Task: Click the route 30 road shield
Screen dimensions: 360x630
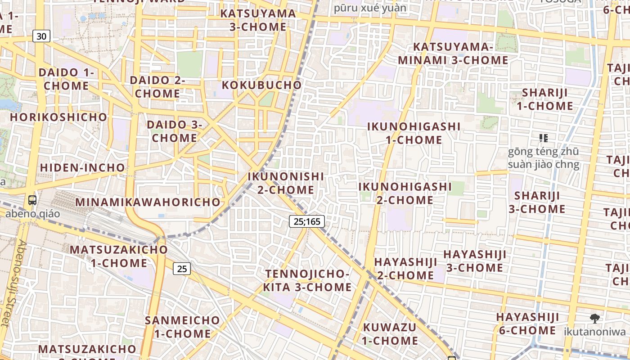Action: coord(41,36)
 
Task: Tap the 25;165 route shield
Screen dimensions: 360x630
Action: coord(306,221)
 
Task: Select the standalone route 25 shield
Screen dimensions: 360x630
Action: coord(182,269)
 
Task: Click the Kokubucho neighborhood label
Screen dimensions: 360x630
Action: coord(261,85)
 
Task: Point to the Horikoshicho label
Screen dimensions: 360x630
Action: coord(59,117)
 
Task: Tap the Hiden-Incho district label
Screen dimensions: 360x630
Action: coord(82,167)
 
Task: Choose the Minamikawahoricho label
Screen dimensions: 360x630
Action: coord(148,202)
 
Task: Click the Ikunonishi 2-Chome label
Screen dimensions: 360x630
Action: coord(286,183)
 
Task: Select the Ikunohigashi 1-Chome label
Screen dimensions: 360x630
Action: coord(414,133)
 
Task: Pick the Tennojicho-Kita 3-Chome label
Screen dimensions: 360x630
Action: coord(307,280)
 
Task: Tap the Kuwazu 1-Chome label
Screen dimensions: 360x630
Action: coord(390,333)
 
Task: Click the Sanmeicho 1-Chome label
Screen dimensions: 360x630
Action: coord(182,327)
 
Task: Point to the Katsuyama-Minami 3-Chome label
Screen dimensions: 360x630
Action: coord(453,54)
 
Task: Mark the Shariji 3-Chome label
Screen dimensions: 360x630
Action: coord(537,202)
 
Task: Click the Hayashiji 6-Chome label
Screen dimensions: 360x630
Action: coord(527,324)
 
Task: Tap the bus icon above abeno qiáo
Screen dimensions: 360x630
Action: coord(32,200)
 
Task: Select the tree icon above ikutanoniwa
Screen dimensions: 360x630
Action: coord(594,319)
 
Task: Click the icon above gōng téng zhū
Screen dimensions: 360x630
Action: coord(544,138)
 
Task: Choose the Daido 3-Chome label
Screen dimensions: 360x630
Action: coord(175,131)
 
